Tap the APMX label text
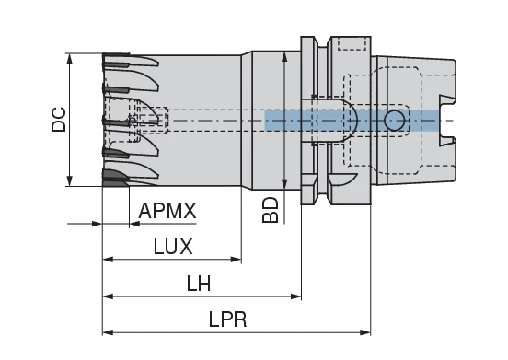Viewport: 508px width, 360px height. coord(167,212)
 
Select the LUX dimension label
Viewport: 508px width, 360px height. coord(173,247)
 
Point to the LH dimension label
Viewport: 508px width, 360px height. coord(198,285)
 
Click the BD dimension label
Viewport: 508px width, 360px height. coord(270,210)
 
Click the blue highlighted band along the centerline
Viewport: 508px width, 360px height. coord(351,120)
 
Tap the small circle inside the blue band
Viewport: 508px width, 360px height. coord(395,120)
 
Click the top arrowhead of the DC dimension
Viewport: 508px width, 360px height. coord(71,58)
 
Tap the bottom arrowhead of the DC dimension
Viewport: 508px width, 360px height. coord(71,180)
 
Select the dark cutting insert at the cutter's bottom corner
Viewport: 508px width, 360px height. coord(114,178)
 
